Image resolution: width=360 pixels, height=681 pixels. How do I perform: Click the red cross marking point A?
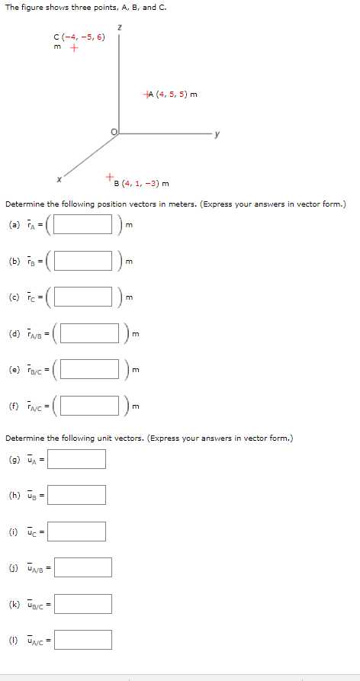(x=146, y=95)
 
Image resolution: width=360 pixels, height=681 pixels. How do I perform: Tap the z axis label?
(x=119, y=28)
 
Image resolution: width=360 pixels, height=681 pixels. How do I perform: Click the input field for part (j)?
(x=82, y=567)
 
